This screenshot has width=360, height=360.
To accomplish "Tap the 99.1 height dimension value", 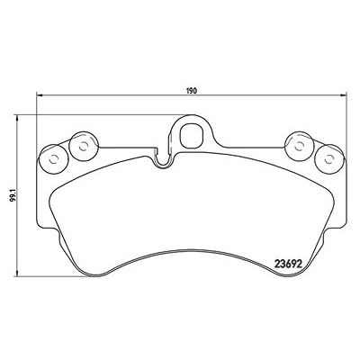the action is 13,195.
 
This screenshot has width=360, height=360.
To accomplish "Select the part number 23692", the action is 288,264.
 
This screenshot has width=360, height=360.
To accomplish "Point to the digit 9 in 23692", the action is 292,264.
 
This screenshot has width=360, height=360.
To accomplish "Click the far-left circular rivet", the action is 54,159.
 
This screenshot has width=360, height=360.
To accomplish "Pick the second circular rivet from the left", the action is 84,147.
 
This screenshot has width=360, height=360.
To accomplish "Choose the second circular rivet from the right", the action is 299,147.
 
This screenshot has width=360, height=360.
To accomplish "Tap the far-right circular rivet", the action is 329,159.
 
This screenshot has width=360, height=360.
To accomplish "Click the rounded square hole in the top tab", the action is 192,136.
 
